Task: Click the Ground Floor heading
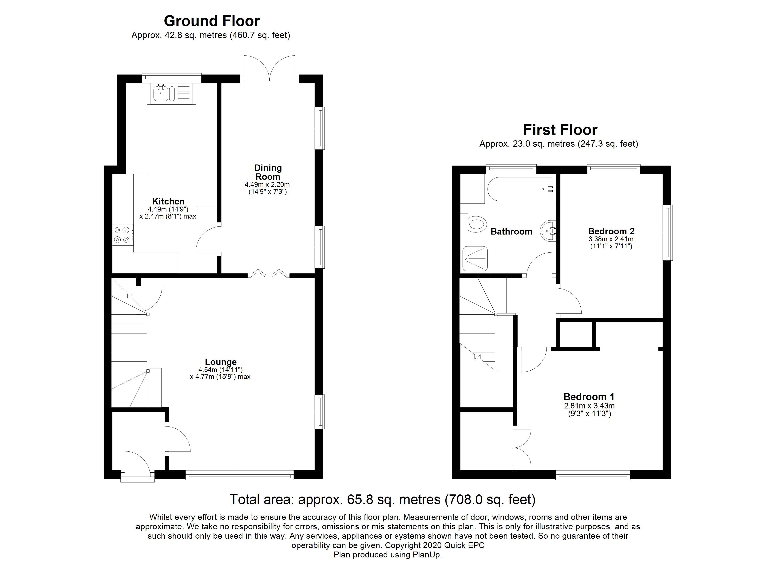212,21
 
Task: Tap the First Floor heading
560,130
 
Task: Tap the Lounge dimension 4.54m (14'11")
220,370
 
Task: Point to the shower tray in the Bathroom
475,258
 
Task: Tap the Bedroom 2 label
611,231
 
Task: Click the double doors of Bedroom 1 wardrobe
522,448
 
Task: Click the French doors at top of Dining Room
270,68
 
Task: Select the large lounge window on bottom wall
240,475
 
